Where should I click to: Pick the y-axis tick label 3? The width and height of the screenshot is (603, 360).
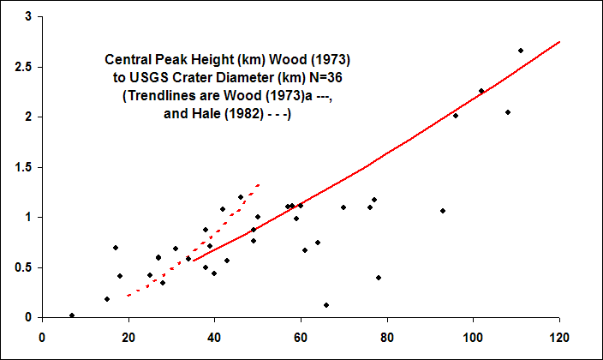29,16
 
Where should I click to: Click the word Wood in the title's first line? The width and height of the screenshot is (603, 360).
267,61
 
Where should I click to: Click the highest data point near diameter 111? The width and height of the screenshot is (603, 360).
521,51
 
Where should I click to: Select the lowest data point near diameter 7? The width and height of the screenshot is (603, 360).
72,315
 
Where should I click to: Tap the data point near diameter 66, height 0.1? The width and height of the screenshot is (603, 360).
326,305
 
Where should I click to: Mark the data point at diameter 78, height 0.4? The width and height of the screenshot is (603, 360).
379,278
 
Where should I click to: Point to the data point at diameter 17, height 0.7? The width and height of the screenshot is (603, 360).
116,248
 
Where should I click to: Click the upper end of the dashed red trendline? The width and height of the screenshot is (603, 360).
259,184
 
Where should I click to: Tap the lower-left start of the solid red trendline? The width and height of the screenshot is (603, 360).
194,261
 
